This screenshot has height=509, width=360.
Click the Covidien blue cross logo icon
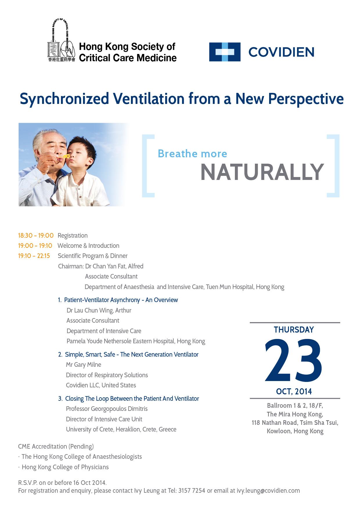point(225,52)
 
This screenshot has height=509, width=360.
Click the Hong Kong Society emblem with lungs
point(62,40)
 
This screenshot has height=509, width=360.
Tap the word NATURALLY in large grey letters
point(262,172)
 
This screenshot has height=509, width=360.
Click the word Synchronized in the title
point(64,99)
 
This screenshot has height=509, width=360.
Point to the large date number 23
point(294,360)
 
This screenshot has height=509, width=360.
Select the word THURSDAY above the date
point(294,330)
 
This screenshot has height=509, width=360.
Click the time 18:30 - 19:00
point(36,235)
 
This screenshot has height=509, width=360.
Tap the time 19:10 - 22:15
point(34,256)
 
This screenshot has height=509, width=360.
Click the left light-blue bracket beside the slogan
point(147,166)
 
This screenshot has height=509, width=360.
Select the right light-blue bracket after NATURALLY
point(333,166)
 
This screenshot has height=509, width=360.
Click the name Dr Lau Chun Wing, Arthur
point(99,310)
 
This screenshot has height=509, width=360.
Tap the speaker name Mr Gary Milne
point(84,364)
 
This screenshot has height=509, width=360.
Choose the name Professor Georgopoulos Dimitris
point(107,409)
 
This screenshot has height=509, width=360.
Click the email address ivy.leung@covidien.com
point(268,490)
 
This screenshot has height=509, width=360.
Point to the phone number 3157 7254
point(192,490)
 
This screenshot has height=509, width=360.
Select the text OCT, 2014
point(294,391)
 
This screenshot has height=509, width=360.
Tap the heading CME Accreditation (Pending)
point(56,446)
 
